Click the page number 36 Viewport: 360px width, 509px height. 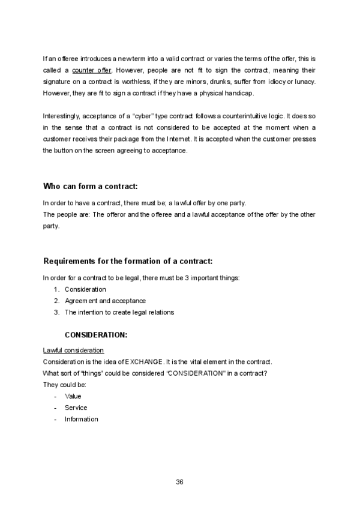[179, 482]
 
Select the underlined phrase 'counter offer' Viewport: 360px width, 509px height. [96, 70]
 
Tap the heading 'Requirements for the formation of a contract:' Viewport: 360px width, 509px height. [128, 262]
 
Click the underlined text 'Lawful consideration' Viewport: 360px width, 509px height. [74, 351]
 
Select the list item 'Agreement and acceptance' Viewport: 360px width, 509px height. [105, 301]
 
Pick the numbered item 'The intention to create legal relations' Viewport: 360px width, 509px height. [119, 312]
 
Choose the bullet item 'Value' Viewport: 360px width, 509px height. [73, 396]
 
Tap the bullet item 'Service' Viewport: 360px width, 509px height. [76, 408]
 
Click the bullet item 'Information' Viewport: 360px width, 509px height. [82, 419]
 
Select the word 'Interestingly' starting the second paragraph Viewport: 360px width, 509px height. [61, 116]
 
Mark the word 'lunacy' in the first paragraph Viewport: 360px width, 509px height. [306, 82]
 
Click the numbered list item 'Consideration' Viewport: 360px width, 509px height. [85, 289]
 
